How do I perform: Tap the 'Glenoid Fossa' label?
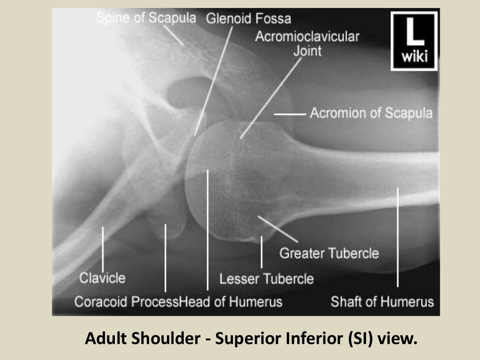pos(248,19)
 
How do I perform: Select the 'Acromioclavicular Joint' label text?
pos(307,43)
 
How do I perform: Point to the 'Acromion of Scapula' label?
pos(371,113)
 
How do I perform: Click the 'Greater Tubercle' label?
pos(329,254)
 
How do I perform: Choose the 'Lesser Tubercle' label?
pos(266,279)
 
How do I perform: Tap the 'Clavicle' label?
pos(102,278)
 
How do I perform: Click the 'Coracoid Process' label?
pos(127,301)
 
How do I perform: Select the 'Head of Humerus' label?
pos(232,301)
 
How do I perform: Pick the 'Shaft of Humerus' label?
pos(382,301)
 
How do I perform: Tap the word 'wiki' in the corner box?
pos(414,58)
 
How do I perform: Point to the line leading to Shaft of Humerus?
pos(397,237)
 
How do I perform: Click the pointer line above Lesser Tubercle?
pos(262,252)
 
